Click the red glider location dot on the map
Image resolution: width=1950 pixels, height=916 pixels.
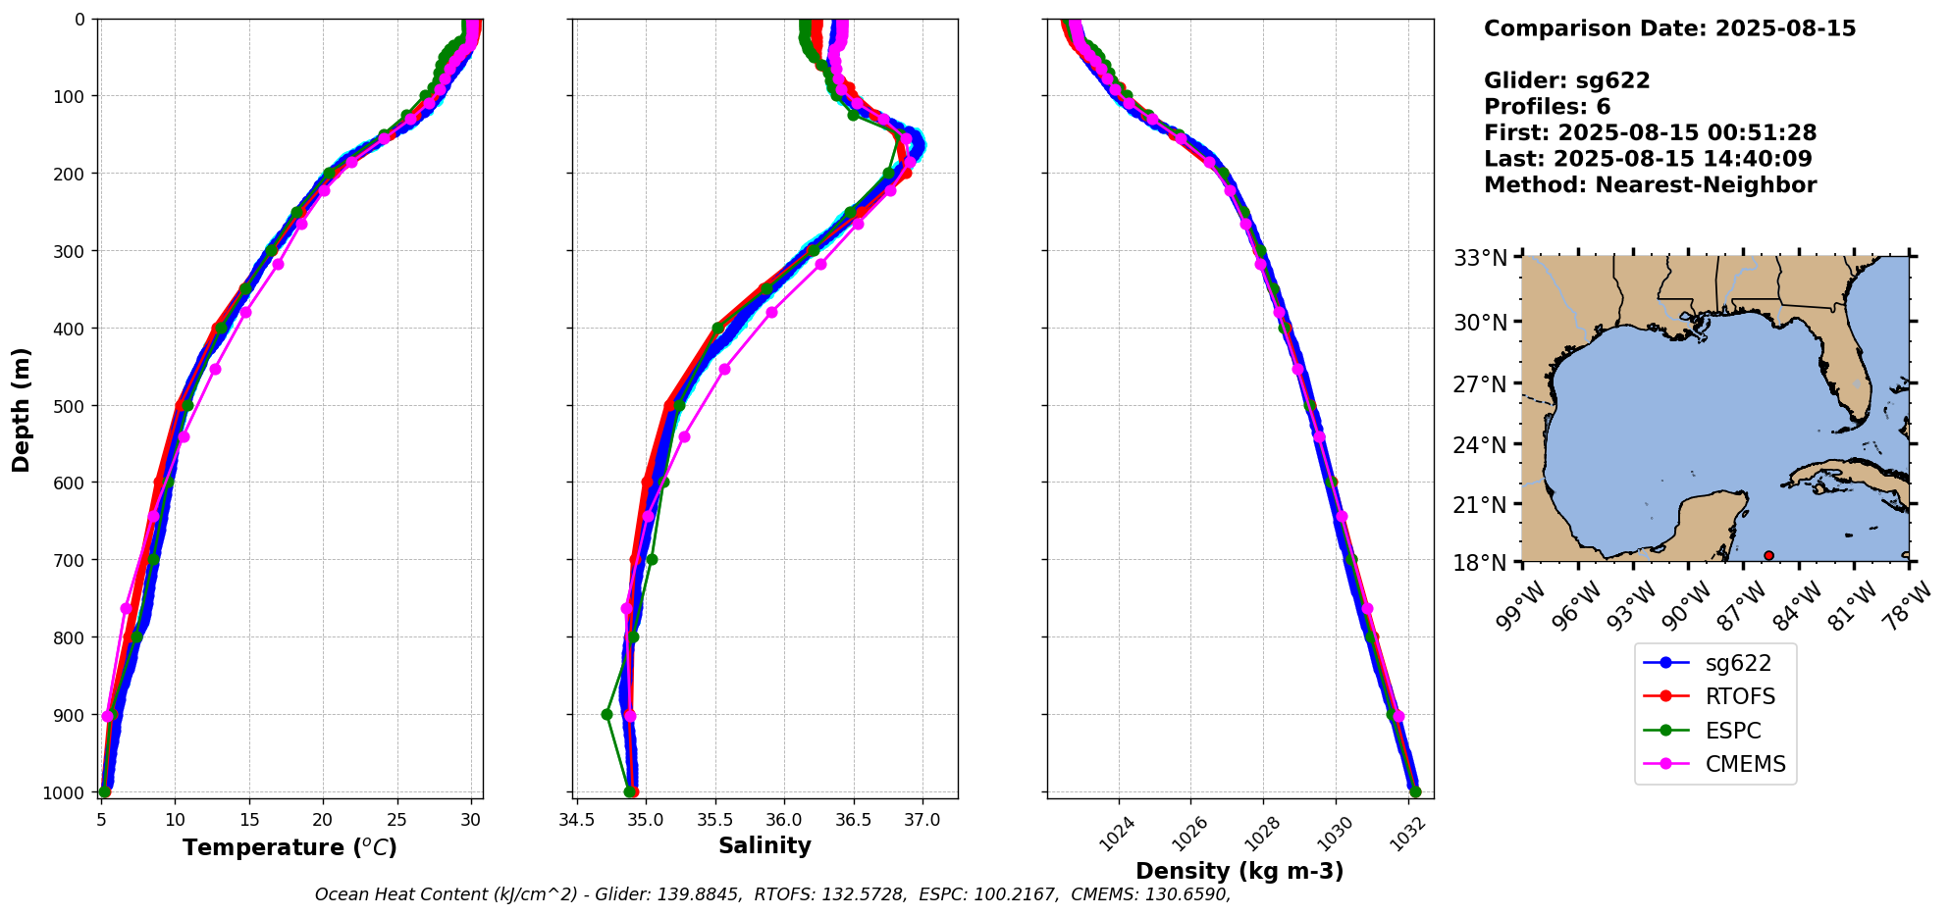1768,555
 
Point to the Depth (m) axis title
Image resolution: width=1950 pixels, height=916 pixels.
22,409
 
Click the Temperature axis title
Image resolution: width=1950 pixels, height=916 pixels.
290,847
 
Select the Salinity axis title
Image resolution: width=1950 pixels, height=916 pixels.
764,846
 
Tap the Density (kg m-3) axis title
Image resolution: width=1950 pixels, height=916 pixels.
1239,871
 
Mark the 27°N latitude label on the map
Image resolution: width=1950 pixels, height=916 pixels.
1479,383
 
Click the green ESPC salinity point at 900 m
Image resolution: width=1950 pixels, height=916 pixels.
606,714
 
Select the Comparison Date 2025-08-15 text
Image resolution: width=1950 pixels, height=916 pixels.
1669,28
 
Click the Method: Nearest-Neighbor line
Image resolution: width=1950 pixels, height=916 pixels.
1650,185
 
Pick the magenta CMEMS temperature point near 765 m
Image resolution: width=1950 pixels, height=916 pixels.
126,608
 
